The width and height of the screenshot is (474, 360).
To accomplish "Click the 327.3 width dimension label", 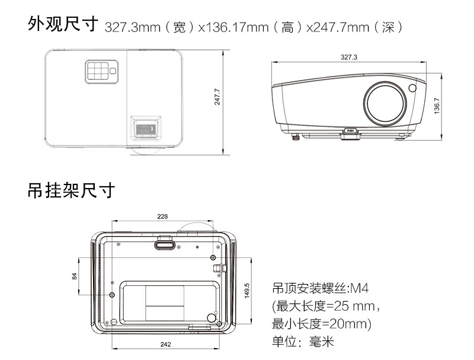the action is [349, 57].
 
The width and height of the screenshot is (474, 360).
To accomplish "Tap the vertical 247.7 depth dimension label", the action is [217, 97].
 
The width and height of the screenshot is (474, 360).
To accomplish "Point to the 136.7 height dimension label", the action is [437, 106].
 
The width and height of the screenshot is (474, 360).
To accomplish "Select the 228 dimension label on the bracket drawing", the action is [162, 216].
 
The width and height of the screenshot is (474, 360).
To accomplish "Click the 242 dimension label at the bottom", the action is [166, 344].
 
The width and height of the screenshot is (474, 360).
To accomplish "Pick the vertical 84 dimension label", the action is [75, 276].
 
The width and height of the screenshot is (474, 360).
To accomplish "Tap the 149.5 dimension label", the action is [247, 291].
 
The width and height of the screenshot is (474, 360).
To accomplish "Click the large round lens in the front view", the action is [385, 104].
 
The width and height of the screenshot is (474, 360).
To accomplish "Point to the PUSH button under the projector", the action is [350, 131].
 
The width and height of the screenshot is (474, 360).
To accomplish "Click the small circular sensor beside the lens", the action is [412, 88].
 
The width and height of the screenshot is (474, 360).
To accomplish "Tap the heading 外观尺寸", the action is [63, 24].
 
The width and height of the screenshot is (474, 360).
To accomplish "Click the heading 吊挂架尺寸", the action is [71, 190].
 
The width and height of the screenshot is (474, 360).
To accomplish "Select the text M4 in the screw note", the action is [359, 288].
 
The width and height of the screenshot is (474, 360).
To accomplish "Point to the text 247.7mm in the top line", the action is [341, 27].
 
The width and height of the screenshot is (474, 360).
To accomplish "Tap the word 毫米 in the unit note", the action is [321, 342].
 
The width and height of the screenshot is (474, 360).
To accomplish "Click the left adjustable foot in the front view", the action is [296, 138].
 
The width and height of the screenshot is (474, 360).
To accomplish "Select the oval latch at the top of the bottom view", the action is [165, 245].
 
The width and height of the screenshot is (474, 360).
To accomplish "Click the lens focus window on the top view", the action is [145, 128].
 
